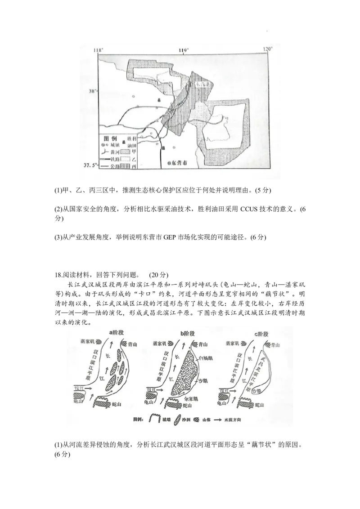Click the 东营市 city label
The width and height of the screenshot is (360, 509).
click(x=181, y=164)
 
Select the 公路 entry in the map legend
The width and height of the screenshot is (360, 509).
click(x=115, y=166)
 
